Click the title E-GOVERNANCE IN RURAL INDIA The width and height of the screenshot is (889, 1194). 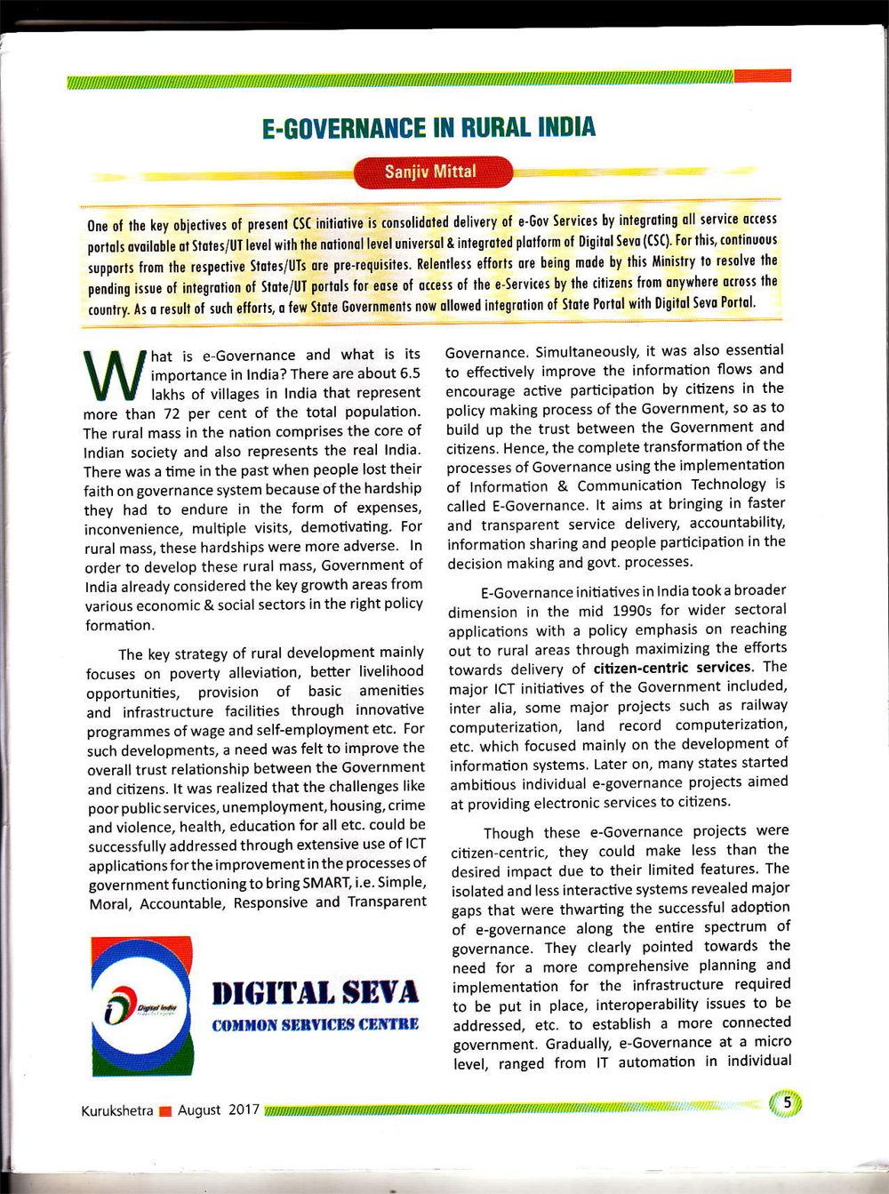pyautogui.click(x=428, y=128)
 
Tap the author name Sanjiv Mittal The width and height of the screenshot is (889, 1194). pyautogui.click(x=431, y=172)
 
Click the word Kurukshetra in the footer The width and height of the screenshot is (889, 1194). pyautogui.click(x=116, y=1111)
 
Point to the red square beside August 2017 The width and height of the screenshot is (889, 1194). pyautogui.click(x=165, y=1111)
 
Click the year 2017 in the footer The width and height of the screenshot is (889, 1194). pyautogui.click(x=244, y=1110)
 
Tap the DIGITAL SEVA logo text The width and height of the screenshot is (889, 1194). pyautogui.click(x=315, y=993)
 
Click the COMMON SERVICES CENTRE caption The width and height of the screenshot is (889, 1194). pyautogui.click(x=315, y=1025)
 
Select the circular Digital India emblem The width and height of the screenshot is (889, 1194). pyautogui.click(x=141, y=1007)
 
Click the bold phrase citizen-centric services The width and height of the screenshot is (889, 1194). pyautogui.click(x=672, y=668)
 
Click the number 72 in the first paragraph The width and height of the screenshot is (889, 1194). pyautogui.click(x=172, y=413)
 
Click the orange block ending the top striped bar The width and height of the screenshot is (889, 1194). pyautogui.click(x=763, y=76)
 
